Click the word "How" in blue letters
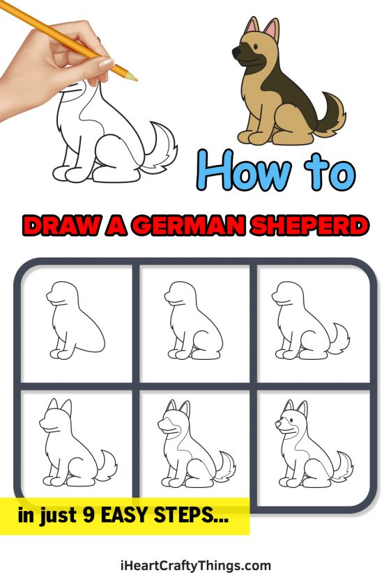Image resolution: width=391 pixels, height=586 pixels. pos(244,171)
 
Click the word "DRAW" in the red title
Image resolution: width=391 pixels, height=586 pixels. pos(59,226)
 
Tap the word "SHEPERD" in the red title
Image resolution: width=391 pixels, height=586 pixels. pos(307,226)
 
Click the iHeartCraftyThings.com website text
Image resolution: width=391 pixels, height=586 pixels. pos(194,565)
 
